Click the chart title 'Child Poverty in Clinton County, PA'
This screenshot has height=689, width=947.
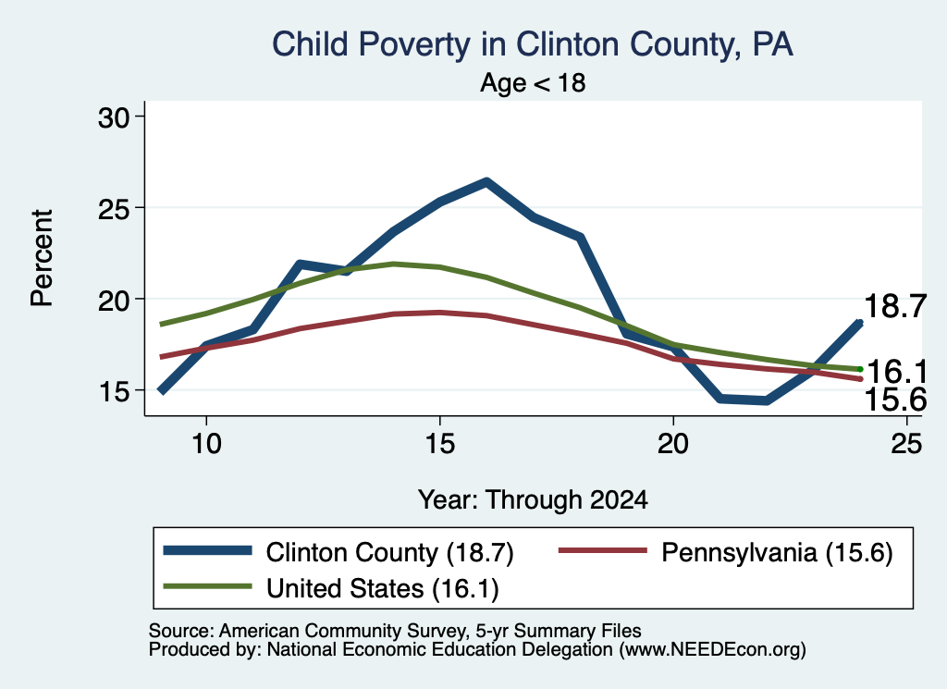tap(532, 44)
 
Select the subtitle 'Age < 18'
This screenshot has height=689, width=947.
tap(533, 82)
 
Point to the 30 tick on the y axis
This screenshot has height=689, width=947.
tap(114, 117)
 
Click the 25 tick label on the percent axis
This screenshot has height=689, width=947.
tap(114, 209)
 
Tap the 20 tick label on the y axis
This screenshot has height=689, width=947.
tap(114, 301)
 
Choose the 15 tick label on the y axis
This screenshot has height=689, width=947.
tap(114, 391)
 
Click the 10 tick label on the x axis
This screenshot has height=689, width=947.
tap(206, 444)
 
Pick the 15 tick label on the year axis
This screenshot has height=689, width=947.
tap(439, 444)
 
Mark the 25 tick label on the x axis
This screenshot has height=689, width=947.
tap(906, 444)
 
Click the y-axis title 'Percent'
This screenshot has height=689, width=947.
tap(43, 258)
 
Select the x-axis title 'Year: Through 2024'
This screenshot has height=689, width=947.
tap(533, 500)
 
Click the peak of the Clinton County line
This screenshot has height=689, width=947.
tap(486, 181)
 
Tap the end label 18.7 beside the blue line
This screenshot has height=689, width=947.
tap(895, 306)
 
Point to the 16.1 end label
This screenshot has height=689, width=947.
tap(896, 372)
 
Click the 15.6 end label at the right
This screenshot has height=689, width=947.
tap(895, 400)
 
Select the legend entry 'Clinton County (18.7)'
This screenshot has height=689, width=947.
tap(338, 552)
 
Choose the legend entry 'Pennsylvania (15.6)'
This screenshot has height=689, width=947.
tap(725, 552)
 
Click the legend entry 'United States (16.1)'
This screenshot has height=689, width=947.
tap(331, 588)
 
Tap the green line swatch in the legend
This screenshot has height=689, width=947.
tap(207, 586)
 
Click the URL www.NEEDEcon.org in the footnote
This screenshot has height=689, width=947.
tap(711, 650)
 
